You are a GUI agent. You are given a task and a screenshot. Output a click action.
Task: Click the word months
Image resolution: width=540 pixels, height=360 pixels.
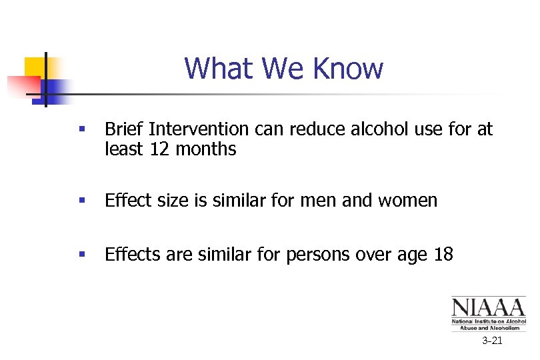tap(206, 149)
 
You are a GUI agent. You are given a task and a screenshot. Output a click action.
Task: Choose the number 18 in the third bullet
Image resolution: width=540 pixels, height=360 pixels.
tap(442, 254)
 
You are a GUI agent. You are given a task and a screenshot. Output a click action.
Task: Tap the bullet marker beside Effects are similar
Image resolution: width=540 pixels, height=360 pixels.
tap(81, 254)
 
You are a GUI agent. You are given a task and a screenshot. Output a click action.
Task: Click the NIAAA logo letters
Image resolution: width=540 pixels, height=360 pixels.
tap(488, 307)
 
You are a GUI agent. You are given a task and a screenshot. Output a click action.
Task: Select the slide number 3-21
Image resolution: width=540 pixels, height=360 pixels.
tap(492, 341)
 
